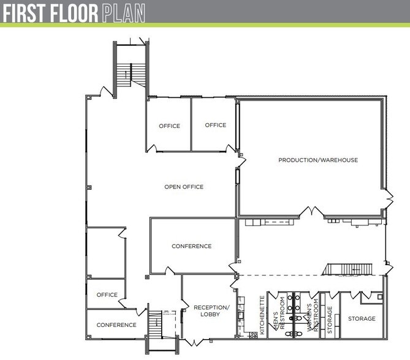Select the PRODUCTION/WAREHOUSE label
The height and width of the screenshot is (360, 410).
click(x=318, y=160)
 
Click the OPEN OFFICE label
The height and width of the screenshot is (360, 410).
click(x=184, y=187)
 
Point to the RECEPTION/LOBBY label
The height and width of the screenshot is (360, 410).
click(x=211, y=310)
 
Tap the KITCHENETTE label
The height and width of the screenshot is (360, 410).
click(x=262, y=315)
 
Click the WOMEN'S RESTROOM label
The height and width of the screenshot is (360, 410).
click(x=313, y=315)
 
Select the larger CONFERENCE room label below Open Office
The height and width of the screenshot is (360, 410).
click(x=192, y=246)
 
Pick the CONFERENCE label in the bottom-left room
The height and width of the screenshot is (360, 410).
click(x=116, y=325)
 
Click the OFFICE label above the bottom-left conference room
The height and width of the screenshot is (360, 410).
click(x=107, y=295)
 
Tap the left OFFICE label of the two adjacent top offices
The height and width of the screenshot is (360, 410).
click(x=169, y=126)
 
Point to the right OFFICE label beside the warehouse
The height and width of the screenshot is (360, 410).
click(x=216, y=125)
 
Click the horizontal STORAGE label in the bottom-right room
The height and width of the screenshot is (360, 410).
click(x=362, y=319)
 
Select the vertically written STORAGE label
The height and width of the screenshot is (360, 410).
click(x=330, y=320)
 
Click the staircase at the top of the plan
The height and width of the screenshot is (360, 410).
click(x=131, y=75)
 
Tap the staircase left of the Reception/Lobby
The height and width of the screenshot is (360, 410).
click(x=155, y=324)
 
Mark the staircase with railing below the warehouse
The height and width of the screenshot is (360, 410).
click(x=347, y=269)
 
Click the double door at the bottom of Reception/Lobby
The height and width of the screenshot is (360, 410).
click(x=194, y=342)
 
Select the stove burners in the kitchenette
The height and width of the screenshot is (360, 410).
click(x=253, y=335)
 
